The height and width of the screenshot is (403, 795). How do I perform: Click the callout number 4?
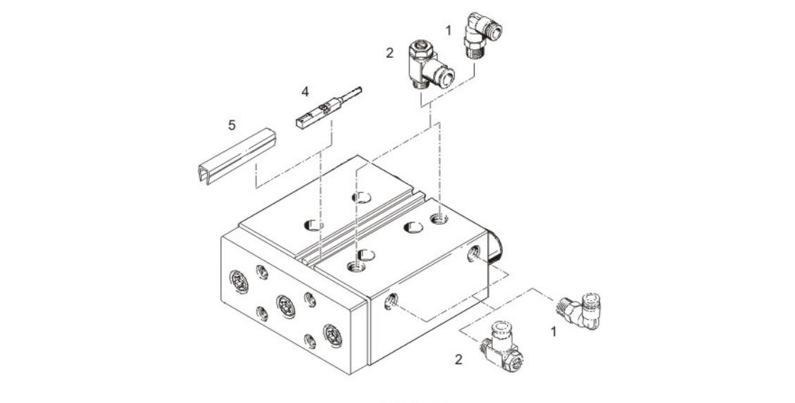(305, 92)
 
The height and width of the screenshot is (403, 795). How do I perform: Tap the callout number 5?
(232, 125)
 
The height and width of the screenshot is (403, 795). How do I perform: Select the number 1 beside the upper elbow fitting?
(449, 30)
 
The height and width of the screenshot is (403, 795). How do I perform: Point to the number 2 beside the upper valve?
(389, 53)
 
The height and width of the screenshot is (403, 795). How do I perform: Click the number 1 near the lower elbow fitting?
(553, 331)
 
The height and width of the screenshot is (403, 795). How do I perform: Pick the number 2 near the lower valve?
(459, 359)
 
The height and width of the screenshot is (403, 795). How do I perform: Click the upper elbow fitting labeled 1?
(483, 35)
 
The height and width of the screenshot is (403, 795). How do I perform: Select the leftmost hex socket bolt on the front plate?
(238, 281)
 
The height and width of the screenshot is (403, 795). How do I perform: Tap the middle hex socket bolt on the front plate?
(285, 306)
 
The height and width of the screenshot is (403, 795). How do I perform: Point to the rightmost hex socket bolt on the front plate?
(332, 335)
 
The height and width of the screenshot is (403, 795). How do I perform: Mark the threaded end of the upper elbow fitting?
(474, 54)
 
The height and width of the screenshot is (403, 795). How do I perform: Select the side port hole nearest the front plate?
(390, 302)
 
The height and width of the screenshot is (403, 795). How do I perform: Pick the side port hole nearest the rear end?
(474, 252)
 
